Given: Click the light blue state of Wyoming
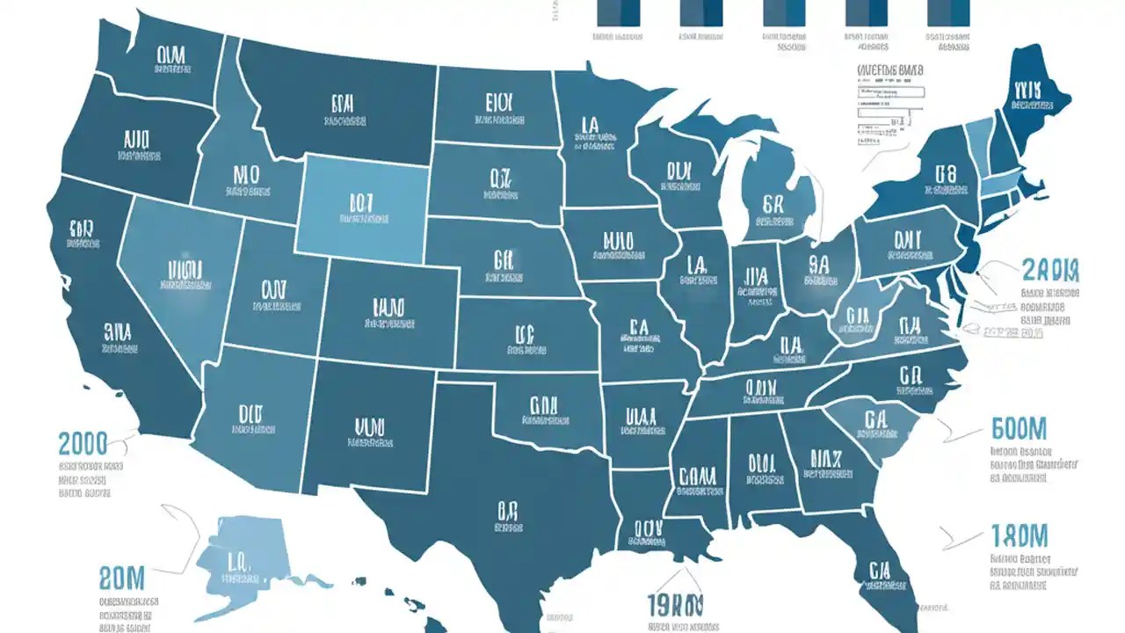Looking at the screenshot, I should point(360,207).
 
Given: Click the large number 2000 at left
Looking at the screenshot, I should point(83,441).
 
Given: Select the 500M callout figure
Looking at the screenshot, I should point(1019,429).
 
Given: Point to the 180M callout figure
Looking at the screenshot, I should point(1019,535).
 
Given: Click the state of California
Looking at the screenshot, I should point(97,299).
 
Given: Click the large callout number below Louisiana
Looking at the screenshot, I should point(675,604).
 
